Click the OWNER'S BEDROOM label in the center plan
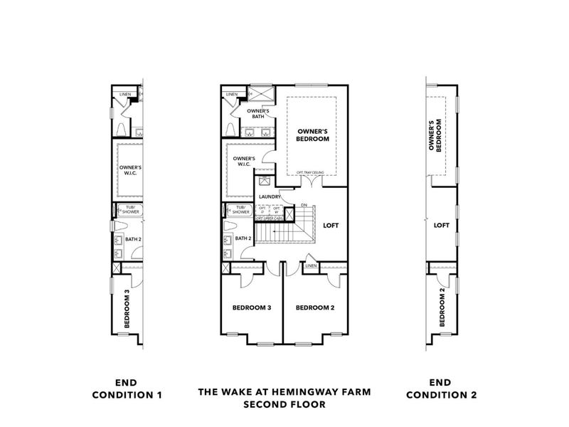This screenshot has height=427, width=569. coord(313,135)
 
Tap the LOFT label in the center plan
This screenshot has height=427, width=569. coord(331,226)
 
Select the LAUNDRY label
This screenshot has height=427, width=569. coord(270,197)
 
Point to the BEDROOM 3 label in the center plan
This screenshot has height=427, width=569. coord(252,308)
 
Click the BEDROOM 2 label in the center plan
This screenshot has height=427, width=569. coord(315,308)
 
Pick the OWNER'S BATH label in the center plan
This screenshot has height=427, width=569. coord(257,115)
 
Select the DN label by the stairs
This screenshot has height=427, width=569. coord(303,206)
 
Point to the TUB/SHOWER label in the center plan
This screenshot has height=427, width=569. coord(238,210)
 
